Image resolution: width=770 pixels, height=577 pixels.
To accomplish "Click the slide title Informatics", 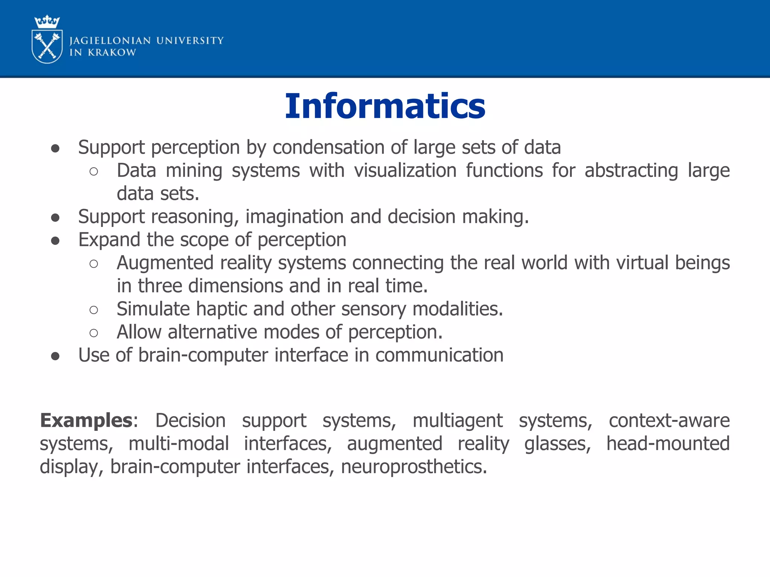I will point(385,106).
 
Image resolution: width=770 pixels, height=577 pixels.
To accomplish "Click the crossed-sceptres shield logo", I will point(47,47).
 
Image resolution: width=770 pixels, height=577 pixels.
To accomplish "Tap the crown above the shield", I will point(47,21).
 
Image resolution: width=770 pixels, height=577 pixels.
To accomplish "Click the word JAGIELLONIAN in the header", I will point(110,41).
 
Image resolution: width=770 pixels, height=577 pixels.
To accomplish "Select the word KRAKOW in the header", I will point(112,53).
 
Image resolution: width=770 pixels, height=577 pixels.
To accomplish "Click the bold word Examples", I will point(86,420).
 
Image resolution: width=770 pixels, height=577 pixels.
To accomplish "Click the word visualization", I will point(405,171).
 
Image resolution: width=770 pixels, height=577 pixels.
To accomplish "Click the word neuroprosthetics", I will point(414,467).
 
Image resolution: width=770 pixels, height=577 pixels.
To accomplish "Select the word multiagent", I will point(457,420).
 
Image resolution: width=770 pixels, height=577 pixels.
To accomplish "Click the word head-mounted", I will point(668,444).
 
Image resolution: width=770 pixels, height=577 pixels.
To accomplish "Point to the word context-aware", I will point(669,420).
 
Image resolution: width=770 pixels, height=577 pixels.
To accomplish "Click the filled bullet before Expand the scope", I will point(55,240).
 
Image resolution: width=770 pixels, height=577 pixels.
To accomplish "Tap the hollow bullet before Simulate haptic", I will point(94,310).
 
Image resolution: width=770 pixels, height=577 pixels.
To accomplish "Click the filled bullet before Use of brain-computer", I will point(55,356).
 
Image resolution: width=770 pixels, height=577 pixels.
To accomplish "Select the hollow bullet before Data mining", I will point(94,172).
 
